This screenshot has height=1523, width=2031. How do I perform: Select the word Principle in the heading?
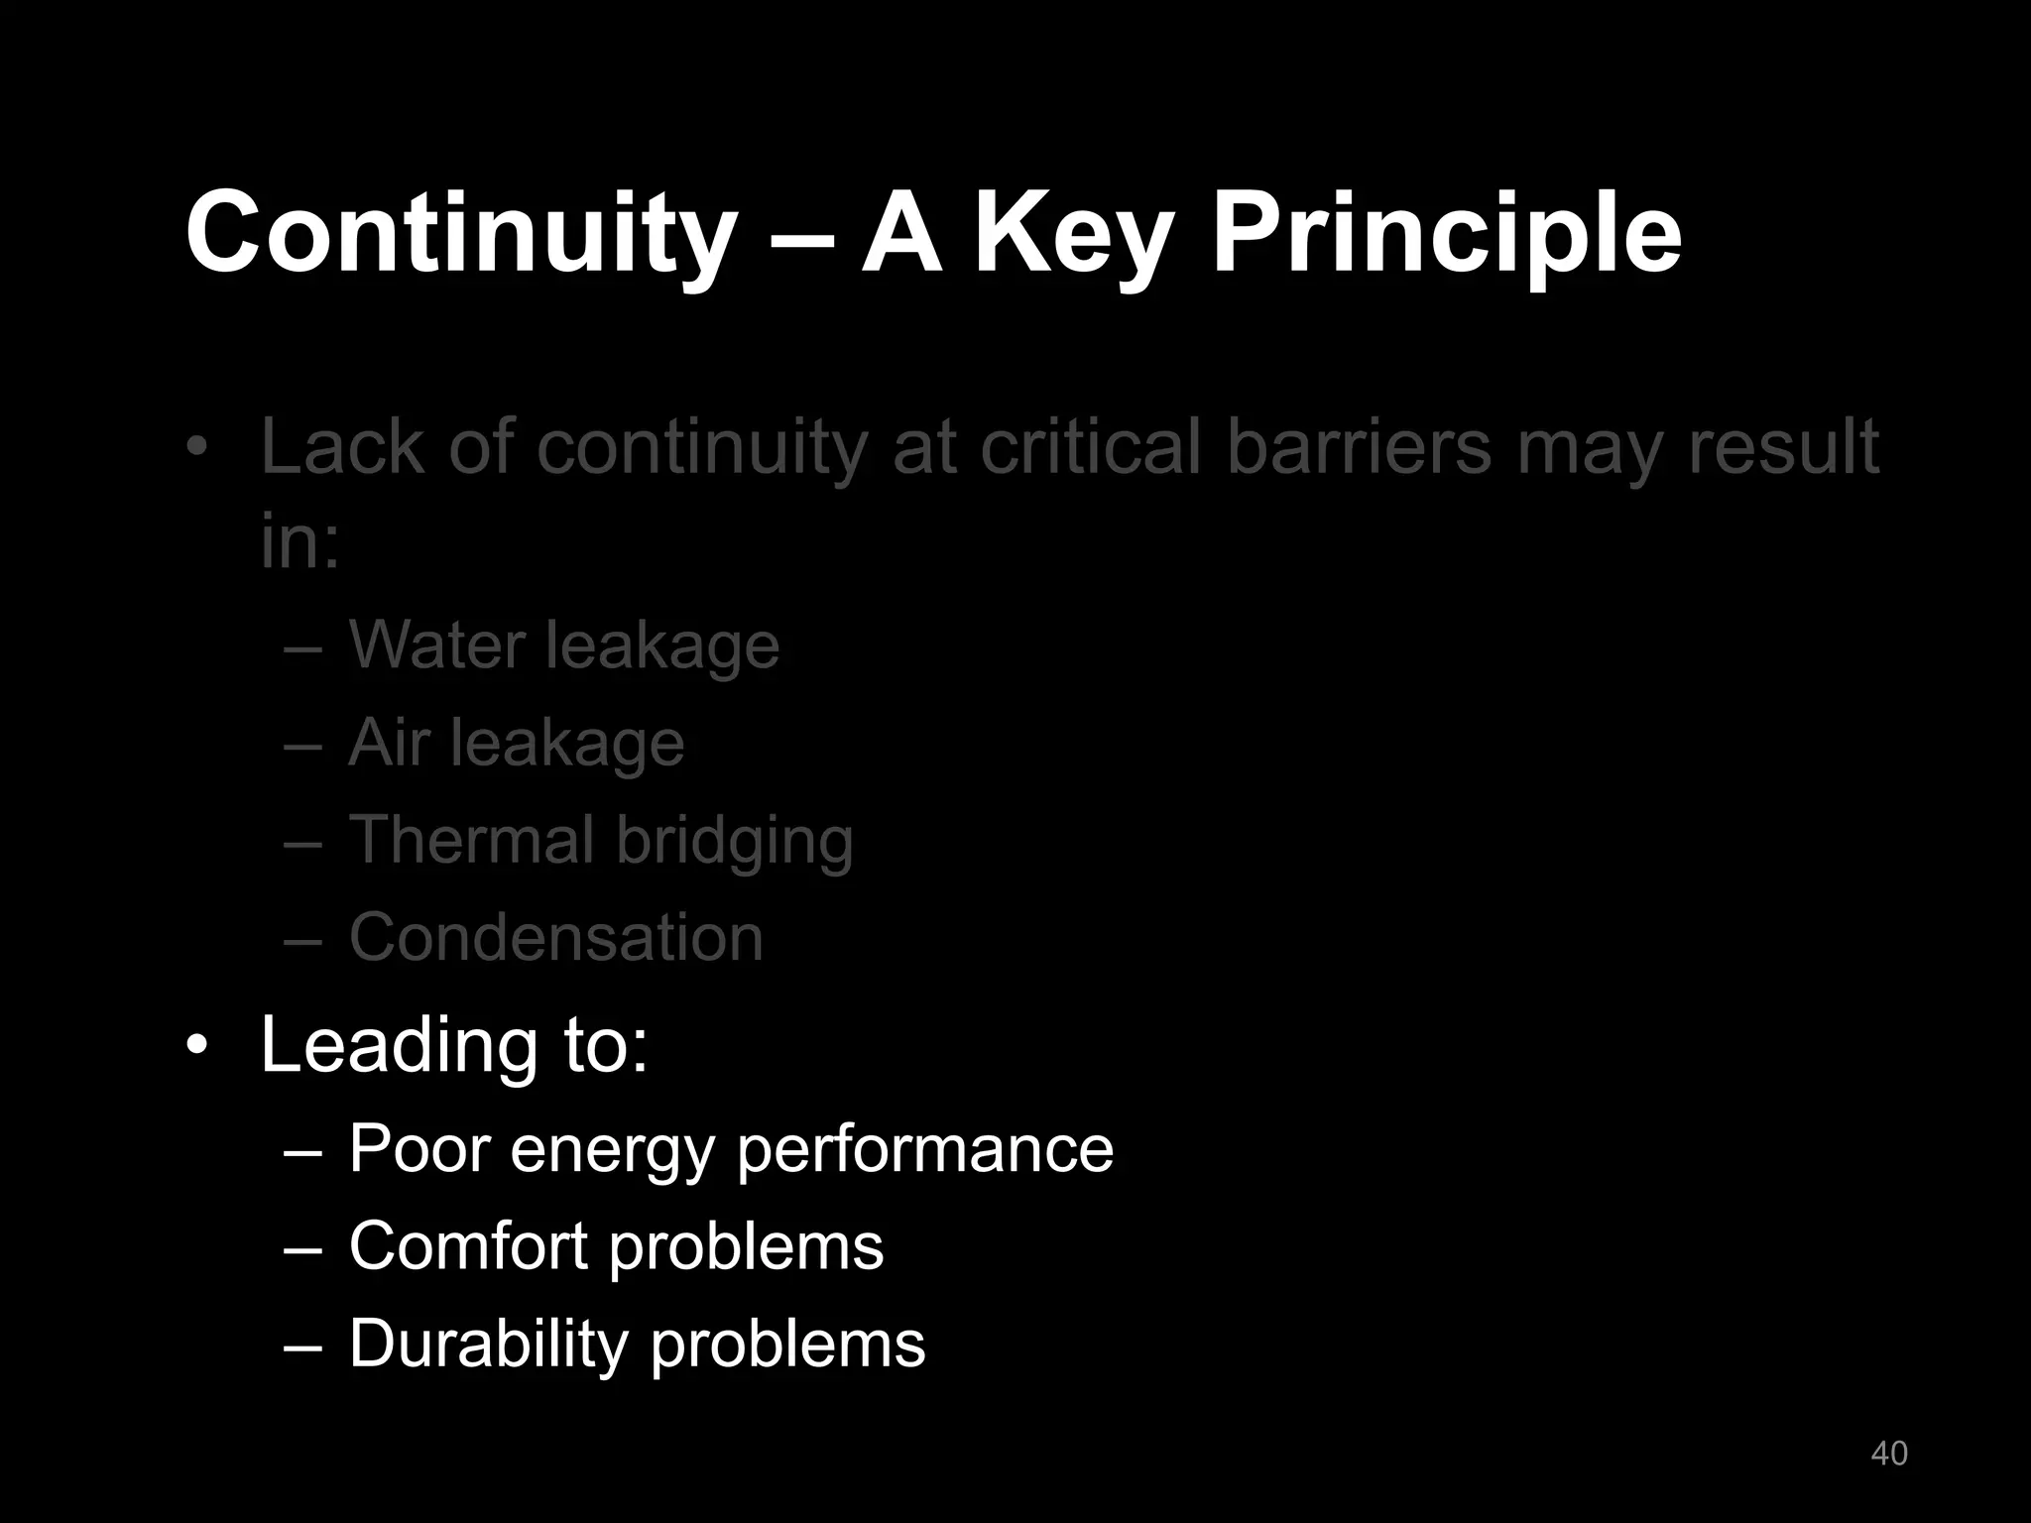click(1447, 233)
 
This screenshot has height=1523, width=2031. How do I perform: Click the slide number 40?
click(1888, 1453)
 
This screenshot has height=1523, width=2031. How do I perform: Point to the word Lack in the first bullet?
click(342, 447)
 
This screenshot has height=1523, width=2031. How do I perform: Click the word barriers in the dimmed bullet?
click(1359, 447)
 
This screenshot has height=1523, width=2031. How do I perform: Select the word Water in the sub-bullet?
click(435, 645)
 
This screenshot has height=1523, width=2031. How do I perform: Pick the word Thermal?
click(471, 840)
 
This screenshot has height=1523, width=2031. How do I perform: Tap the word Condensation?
click(556, 937)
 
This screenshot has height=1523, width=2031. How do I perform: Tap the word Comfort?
click(468, 1246)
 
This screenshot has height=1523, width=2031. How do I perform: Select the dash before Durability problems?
click(301, 1346)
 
